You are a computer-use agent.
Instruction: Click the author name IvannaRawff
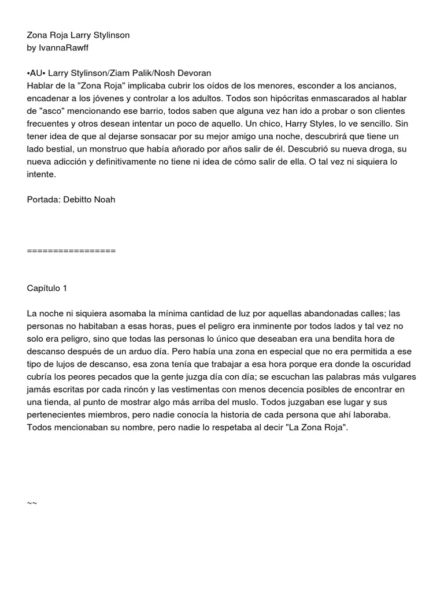pos(65,47)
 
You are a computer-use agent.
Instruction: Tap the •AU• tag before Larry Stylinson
pos(36,73)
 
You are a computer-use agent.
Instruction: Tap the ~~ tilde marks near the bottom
pos(32,504)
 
